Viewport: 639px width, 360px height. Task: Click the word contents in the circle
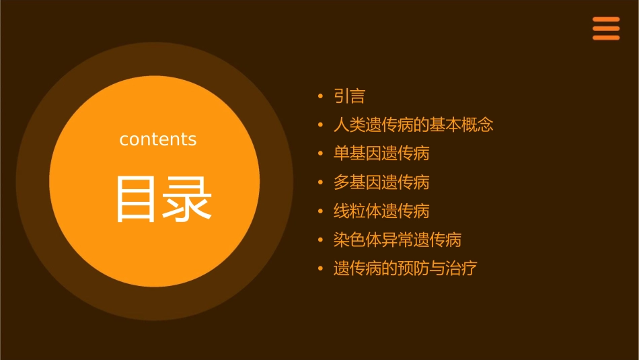pos(158,139)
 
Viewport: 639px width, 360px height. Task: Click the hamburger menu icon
pos(605,28)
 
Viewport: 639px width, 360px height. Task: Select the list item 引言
pos(349,96)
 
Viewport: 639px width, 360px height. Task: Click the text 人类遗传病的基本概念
pos(413,125)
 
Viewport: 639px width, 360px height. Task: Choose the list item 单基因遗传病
pos(381,153)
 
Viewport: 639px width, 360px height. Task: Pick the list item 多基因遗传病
pos(381,182)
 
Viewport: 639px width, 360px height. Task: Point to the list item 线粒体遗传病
pos(381,211)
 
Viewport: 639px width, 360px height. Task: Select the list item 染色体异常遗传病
pos(397,240)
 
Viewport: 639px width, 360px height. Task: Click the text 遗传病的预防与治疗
pos(405,268)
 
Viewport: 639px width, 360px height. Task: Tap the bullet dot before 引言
pos(320,97)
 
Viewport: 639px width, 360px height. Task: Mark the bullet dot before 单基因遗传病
pos(320,154)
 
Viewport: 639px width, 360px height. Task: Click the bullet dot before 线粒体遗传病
pos(320,212)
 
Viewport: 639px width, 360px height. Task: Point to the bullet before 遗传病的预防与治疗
pos(320,269)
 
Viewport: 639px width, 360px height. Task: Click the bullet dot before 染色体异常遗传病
pos(320,240)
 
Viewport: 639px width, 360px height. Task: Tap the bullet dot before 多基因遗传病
pos(320,183)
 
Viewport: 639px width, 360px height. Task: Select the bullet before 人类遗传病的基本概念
pos(320,126)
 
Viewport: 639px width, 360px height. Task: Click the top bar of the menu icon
pos(605,20)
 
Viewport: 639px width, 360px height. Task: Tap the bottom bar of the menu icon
pos(605,38)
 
